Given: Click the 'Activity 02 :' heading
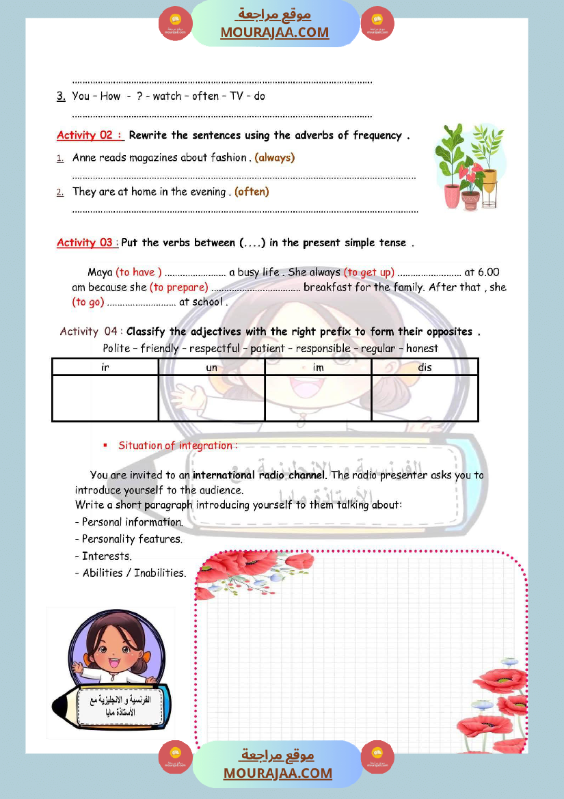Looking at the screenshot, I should pos(90,135).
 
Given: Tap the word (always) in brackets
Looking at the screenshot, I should pos(274,157).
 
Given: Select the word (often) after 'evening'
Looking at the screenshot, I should pos(252,191).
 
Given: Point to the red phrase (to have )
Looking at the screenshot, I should pos(139,272).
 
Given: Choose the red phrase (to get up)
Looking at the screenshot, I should pos(368,272).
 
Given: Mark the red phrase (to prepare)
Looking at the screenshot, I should pos(178,287).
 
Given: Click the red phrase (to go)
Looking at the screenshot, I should pos(88,301).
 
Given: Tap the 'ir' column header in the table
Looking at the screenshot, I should pos(105,367).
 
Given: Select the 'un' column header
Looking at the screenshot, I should pos(211,367).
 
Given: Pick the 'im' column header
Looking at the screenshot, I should pos(318,367).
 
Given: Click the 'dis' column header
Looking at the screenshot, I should pos(425,367).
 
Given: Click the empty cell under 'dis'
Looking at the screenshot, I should pos(425,398).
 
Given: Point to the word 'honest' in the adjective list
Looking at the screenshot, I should pos(422,348).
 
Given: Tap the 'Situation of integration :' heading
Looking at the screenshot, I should pos(178,446).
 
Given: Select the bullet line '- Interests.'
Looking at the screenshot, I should pos(103,556).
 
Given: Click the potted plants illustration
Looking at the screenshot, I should pos(470,167).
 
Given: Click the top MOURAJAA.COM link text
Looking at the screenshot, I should pos(274,32).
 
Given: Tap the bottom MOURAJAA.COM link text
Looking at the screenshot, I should pos(278,773).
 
